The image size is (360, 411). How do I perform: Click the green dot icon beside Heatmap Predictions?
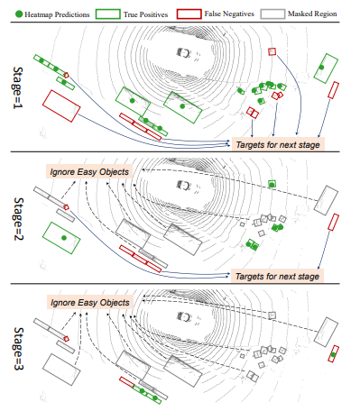(19, 14)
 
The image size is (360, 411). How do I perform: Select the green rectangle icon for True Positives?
(108, 14)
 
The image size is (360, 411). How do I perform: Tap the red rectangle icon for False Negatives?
(189, 14)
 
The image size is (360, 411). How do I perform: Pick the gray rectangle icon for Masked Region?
(272, 14)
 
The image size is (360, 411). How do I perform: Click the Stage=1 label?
(18, 87)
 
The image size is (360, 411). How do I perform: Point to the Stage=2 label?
(18, 219)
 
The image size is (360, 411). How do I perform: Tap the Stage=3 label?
(18, 349)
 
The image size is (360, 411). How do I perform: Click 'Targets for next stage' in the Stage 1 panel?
(278, 145)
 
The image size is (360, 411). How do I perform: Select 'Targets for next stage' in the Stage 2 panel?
(277, 276)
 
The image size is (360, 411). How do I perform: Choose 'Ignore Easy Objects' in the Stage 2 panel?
(89, 172)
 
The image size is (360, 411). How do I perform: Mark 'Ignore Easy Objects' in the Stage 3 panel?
(90, 303)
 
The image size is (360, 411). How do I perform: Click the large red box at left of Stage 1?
(61, 106)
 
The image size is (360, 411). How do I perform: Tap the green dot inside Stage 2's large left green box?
(64, 238)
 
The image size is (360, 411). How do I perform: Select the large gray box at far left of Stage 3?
(61, 370)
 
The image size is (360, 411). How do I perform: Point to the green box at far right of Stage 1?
(326, 68)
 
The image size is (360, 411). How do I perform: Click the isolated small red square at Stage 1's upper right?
(272, 51)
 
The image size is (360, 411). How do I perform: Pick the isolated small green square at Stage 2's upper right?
(272, 184)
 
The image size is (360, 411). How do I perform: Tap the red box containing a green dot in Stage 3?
(333, 354)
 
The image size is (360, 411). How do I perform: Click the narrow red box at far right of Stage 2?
(333, 222)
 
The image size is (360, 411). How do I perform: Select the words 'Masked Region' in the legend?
(312, 14)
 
